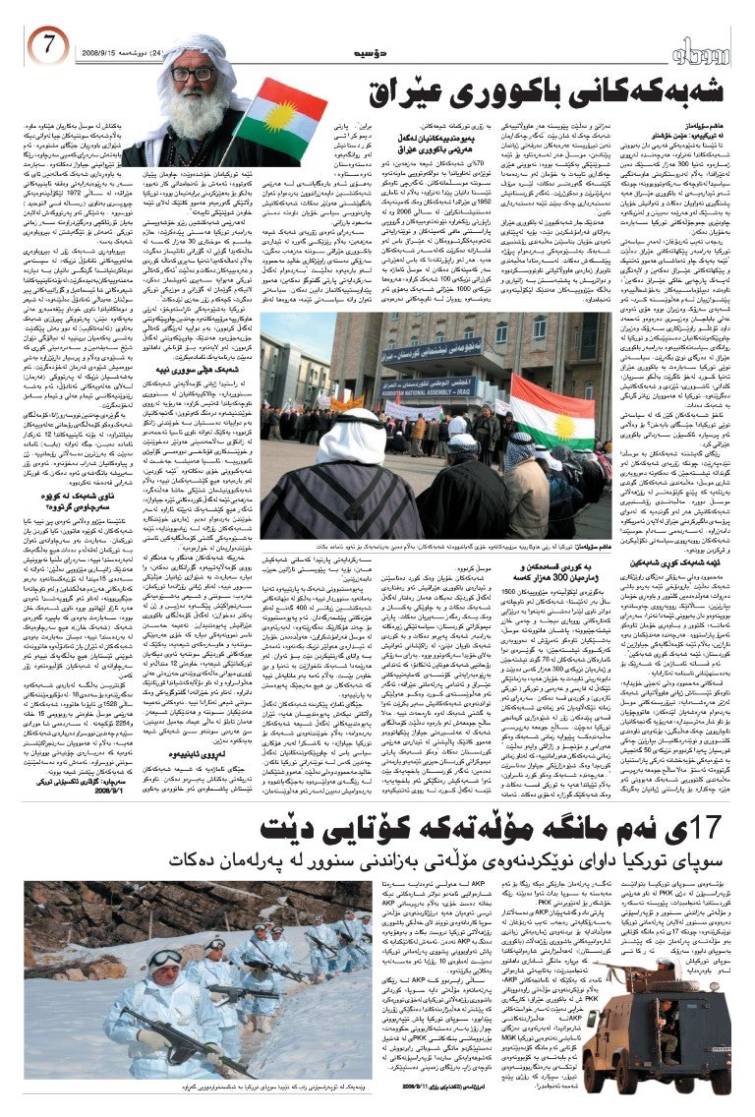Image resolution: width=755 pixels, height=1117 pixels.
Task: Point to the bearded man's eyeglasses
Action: pyautogui.click(x=191, y=74)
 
